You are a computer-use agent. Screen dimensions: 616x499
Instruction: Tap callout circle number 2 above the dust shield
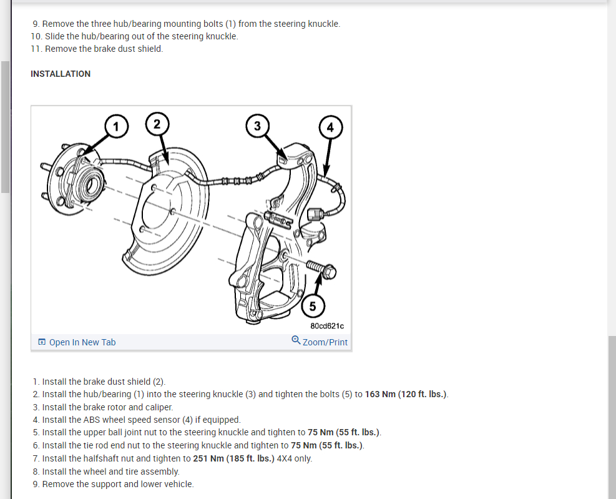157,123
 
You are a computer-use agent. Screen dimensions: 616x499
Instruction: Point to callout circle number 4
330,127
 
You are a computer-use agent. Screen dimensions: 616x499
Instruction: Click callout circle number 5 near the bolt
312,306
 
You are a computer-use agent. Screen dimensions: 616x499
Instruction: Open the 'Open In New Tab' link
82,342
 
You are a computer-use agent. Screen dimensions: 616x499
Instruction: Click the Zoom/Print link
325,342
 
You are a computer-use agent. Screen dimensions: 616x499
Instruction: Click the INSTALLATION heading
61,74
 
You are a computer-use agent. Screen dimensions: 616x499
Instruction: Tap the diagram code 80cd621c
327,326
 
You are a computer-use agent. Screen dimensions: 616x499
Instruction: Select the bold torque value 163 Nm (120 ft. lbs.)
406,394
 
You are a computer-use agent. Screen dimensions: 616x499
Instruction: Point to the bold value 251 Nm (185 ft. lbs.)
233,458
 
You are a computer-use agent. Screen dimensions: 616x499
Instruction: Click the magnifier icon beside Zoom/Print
296,341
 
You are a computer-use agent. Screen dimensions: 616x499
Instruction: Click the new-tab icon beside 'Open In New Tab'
42,342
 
